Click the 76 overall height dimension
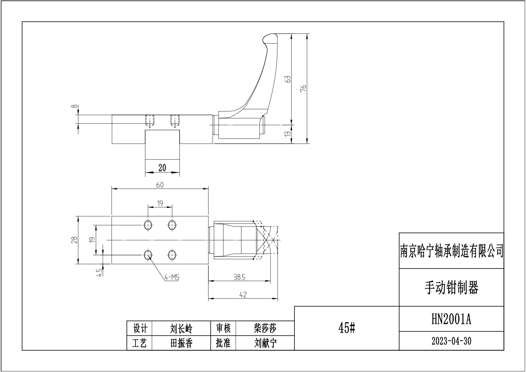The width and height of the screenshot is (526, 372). tap(303, 88)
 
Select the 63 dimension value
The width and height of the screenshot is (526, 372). tap(288, 79)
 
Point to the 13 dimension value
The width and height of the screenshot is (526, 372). tap(288, 134)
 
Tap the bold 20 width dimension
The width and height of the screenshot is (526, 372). tap(162, 168)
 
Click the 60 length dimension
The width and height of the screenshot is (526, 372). tap(160, 185)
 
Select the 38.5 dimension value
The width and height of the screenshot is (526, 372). tap(239, 277)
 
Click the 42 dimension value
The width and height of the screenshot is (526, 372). tap(243, 295)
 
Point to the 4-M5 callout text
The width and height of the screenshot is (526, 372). tap(172, 277)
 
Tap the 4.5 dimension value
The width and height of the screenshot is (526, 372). tap(100, 272)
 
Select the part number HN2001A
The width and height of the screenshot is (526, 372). tap(451, 319)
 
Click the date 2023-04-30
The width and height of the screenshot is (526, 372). tap(451, 341)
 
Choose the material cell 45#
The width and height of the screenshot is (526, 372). tap(347, 328)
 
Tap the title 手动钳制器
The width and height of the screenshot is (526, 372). tap(451, 288)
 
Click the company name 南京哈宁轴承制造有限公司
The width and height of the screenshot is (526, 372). tap(451, 251)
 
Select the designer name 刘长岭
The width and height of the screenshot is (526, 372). tap(181, 329)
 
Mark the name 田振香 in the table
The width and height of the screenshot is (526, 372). tap(181, 343)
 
